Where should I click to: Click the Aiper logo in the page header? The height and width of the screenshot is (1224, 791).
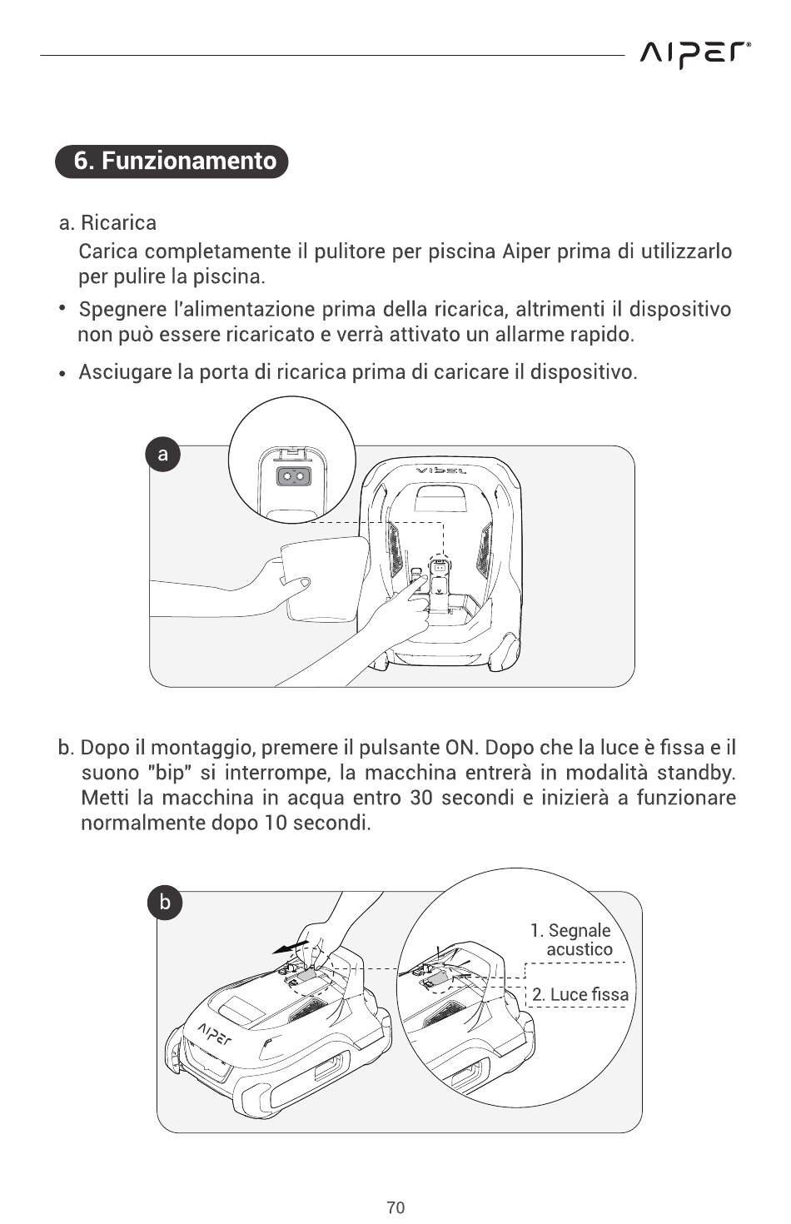point(695,55)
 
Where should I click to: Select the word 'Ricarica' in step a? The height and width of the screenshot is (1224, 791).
point(118,223)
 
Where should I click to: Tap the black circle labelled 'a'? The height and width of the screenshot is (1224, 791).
point(163,454)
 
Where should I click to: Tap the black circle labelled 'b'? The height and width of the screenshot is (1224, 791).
point(165,903)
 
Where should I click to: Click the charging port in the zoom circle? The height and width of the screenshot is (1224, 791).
point(291,476)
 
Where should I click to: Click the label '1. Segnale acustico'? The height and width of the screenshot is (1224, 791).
point(574,940)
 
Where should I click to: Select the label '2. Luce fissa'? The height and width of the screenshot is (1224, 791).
point(580,994)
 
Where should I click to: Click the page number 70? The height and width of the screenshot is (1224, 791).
point(395,1207)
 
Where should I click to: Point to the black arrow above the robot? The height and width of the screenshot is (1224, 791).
point(288,947)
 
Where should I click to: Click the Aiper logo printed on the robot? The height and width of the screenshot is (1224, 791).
point(215,1032)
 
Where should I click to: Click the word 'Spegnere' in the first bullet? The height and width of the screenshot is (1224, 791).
point(122,310)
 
